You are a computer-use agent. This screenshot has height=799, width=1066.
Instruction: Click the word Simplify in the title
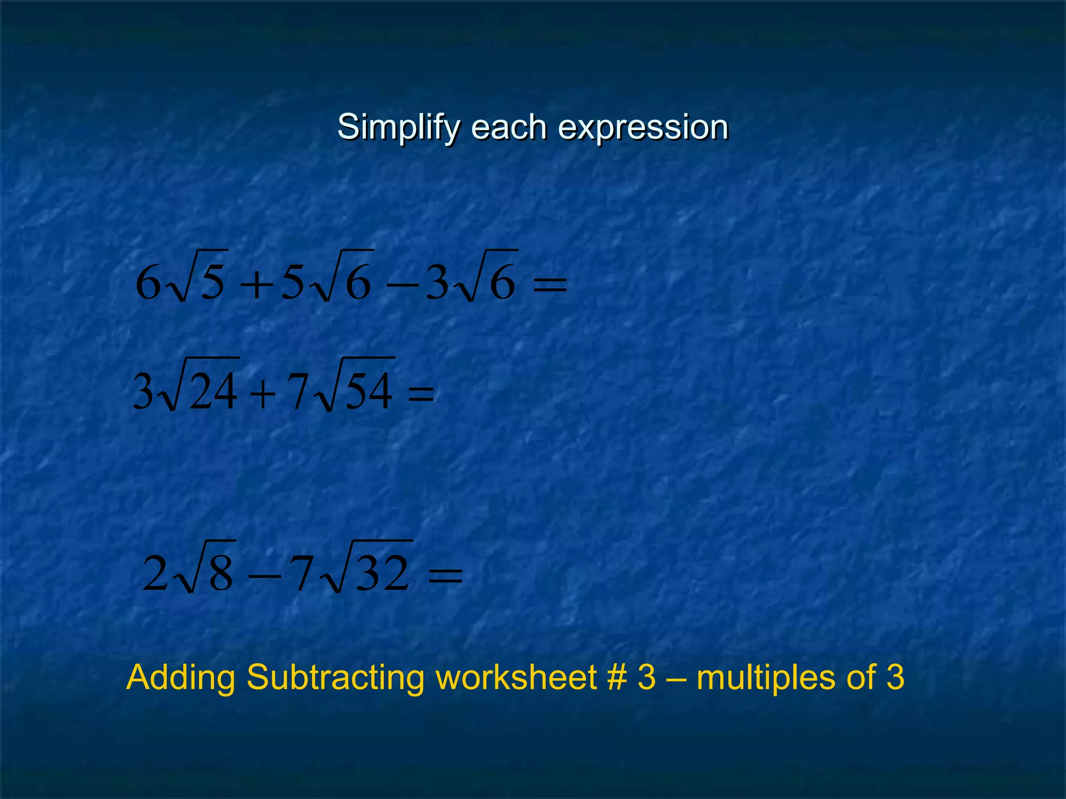coord(399,127)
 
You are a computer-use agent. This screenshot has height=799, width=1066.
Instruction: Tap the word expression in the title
coord(643,127)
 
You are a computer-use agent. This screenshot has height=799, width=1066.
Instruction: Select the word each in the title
coord(509,126)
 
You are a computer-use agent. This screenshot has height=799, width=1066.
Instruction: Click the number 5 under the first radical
coord(213,282)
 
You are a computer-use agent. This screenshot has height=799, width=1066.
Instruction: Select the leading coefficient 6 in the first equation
coord(148,283)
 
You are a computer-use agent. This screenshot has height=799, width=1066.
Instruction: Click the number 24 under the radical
coord(213,391)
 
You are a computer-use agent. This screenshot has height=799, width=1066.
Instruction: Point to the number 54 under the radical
coord(369,391)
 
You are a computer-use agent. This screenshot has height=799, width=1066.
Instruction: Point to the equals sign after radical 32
coord(445,575)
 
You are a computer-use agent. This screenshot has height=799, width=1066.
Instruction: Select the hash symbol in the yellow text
coord(618,678)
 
